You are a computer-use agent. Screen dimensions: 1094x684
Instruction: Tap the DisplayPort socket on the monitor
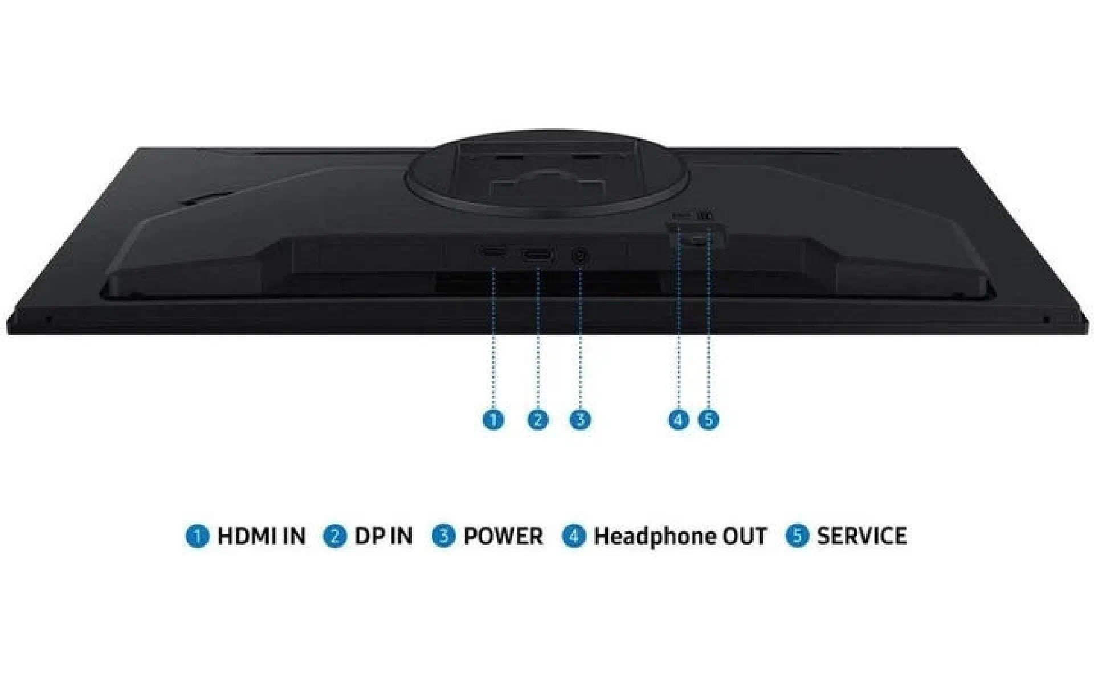[x=537, y=256]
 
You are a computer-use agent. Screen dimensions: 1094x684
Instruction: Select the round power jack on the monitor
[x=579, y=256]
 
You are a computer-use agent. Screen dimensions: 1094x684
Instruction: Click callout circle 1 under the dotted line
[x=493, y=420]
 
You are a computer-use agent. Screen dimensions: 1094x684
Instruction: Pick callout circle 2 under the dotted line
[x=537, y=420]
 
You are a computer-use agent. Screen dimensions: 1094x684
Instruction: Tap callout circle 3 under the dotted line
[x=580, y=420]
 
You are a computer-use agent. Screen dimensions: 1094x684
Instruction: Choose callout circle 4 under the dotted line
[x=678, y=420]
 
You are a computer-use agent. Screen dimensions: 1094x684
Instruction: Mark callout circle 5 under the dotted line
[x=708, y=420]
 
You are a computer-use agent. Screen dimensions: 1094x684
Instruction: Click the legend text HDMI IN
[x=262, y=536]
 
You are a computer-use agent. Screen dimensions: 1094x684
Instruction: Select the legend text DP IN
[x=383, y=536]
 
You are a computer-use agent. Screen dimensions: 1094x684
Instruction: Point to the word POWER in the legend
[x=503, y=536]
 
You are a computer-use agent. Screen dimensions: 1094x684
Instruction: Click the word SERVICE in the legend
[x=862, y=536]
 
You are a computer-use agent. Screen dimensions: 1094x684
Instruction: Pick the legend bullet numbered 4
[x=574, y=536]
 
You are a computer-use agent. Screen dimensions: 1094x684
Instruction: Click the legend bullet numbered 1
[x=197, y=536]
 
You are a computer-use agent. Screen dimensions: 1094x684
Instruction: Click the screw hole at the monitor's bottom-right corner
[x=1046, y=319]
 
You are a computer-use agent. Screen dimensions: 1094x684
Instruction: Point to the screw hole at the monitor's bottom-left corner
[x=48, y=319]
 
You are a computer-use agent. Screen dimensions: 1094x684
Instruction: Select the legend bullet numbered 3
[x=443, y=536]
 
